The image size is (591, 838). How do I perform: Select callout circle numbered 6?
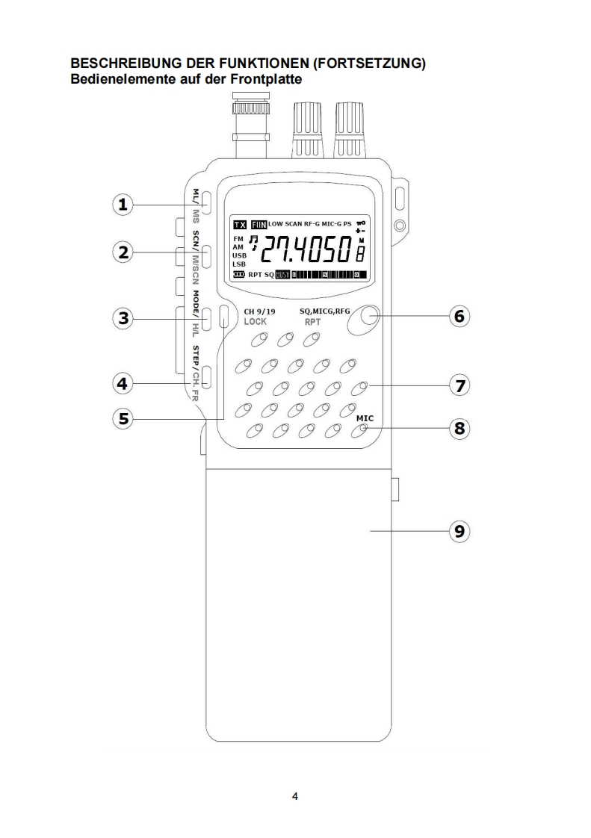(x=460, y=316)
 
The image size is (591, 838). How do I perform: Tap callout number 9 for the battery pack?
(x=460, y=531)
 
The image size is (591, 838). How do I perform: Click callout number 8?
(x=460, y=428)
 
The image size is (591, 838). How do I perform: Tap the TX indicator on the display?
(x=240, y=224)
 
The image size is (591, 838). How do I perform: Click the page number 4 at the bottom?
(x=295, y=797)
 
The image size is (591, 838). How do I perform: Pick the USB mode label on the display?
(x=239, y=255)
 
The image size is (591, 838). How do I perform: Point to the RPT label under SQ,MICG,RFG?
(x=312, y=322)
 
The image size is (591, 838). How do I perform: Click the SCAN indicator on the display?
(x=297, y=224)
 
